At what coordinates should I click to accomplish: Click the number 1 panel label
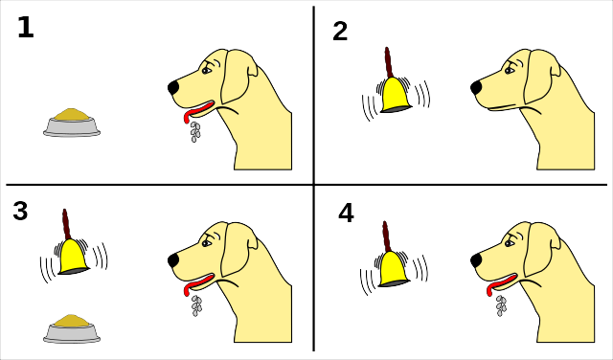(26, 28)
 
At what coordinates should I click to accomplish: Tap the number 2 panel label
(340, 32)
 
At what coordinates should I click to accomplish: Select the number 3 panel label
(20, 211)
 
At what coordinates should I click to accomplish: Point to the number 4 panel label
(346, 214)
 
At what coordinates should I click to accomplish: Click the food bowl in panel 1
(72, 123)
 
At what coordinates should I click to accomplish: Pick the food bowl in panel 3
(72, 328)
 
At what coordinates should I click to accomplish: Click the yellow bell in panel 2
(396, 95)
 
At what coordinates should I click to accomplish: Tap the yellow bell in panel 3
(74, 257)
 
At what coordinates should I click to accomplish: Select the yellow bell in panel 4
(394, 269)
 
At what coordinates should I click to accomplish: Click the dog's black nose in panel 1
(173, 87)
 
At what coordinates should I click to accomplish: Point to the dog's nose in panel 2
(476, 87)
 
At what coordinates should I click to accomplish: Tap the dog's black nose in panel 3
(173, 259)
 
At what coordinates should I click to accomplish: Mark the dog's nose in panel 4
(476, 259)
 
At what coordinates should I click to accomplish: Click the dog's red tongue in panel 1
(196, 111)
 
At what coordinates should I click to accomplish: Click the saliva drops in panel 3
(196, 305)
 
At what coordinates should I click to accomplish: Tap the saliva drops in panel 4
(500, 305)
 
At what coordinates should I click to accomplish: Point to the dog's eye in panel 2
(510, 70)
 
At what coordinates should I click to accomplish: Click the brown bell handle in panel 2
(388, 62)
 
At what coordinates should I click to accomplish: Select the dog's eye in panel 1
(207, 70)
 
